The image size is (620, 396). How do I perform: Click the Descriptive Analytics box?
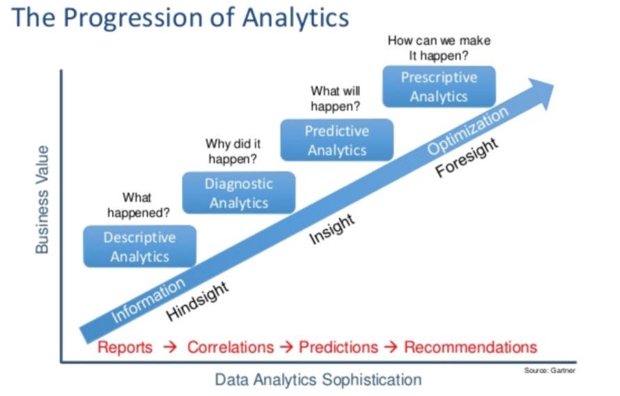coord(139,247)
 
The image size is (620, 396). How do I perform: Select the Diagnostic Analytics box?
coord(238,193)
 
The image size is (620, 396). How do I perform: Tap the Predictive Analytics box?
coord(336,141)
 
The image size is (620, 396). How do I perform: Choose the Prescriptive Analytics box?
coord(438,86)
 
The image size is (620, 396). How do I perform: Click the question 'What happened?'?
coord(147,205)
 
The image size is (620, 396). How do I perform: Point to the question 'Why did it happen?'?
coord(233,151)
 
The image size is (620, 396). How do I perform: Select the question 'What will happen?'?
coord(335,98)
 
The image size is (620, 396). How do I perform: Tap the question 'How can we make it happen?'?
coord(438,47)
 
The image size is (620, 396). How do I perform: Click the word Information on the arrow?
coord(148,300)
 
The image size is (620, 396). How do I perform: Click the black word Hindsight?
coord(197,301)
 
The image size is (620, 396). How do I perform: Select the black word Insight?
coord(332,229)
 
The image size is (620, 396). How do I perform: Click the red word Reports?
coord(125,347)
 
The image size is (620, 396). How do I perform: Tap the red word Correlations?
coord(231,347)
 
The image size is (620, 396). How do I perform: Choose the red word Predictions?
coord(338,347)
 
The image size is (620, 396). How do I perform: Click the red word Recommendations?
coord(470,347)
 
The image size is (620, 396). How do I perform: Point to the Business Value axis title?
coord(42,199)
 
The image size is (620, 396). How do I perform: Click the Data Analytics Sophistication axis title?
coord(318,380)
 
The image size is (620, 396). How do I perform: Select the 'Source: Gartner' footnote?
coord(550,371)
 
